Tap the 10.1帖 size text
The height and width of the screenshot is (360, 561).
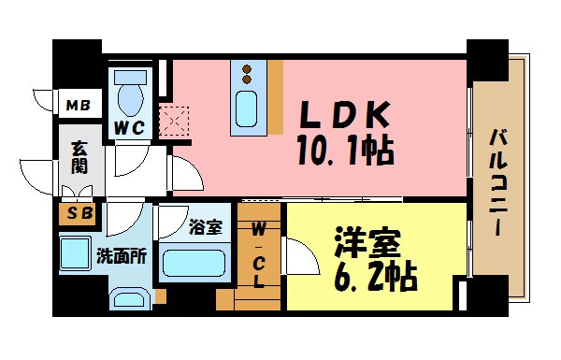pos(345,149)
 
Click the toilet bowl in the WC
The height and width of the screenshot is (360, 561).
pos(130,94)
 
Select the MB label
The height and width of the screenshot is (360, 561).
pos(78,105)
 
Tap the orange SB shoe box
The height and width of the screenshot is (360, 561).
pos(78,214)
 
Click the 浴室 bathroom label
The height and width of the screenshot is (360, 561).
pos(206,227)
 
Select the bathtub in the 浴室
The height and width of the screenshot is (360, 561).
pos(194,261)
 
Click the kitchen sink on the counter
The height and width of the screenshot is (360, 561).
pos(249,108)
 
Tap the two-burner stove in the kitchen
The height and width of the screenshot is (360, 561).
pos(249,73)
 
